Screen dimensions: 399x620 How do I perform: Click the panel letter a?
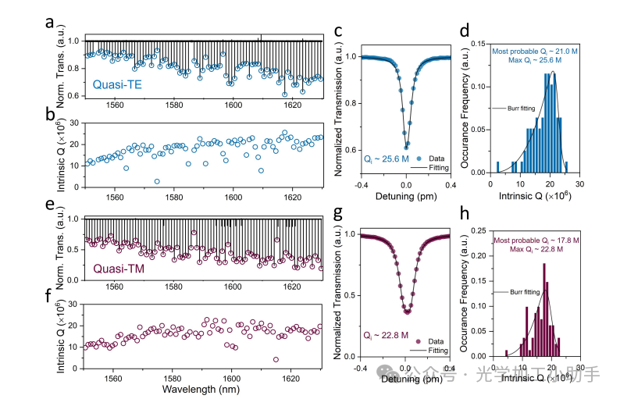click(x=48, y=23)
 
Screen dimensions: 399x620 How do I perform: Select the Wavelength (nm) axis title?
click(x=201, y=387)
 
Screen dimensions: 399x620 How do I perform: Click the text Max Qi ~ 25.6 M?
click(x=535, y=60)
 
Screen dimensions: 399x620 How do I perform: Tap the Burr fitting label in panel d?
click(x=520, y=109)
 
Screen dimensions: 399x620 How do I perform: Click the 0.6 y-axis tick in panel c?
click(x=351, y=150)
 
